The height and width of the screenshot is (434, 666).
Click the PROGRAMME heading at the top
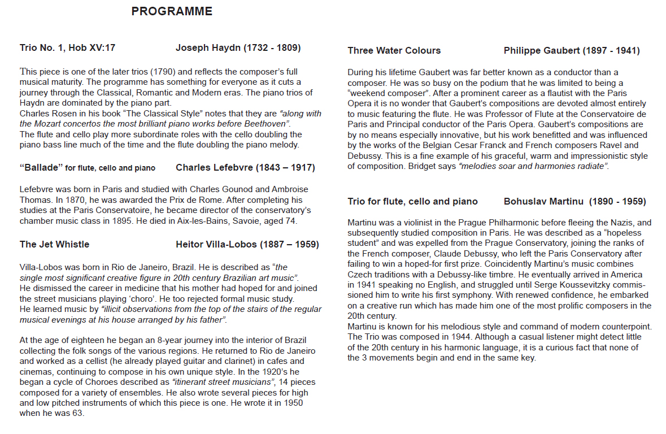[172, 11]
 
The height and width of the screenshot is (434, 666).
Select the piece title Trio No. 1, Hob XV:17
[67, 48]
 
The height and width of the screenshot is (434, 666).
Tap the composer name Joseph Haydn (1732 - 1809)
[238, 48]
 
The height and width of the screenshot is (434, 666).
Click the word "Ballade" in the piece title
[40, 168]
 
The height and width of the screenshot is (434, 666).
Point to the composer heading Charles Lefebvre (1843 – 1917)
[245, 168]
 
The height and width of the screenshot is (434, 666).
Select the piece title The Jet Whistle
[54, 245]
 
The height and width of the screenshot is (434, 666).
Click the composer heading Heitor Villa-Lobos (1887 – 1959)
[247, 245]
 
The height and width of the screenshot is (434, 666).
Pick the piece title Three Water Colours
[394, 51]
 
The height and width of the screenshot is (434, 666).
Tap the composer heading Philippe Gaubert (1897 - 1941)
[571, 51]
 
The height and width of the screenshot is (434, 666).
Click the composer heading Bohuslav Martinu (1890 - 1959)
[574, 202]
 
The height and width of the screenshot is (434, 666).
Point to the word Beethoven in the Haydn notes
[268, 123]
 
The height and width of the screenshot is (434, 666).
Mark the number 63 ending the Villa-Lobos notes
[79, 413]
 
